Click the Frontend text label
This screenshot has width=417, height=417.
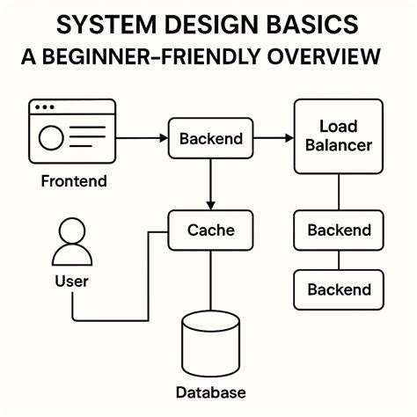[x=74, y=182]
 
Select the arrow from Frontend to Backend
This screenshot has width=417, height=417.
[x=142, y=139]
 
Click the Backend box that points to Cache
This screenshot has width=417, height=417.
[x=210, y=139]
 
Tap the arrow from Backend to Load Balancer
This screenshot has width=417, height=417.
[x=274, y=139]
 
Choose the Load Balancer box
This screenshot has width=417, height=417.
[x=339, y=135]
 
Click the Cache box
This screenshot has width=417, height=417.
[x=210, y=230]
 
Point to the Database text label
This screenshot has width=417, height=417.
[x=210, y=392]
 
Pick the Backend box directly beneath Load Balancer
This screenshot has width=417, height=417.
[x=339, y=230]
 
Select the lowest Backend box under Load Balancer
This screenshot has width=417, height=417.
[x=339, y=289]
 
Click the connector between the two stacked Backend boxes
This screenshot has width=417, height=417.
[x=339, y=260]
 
